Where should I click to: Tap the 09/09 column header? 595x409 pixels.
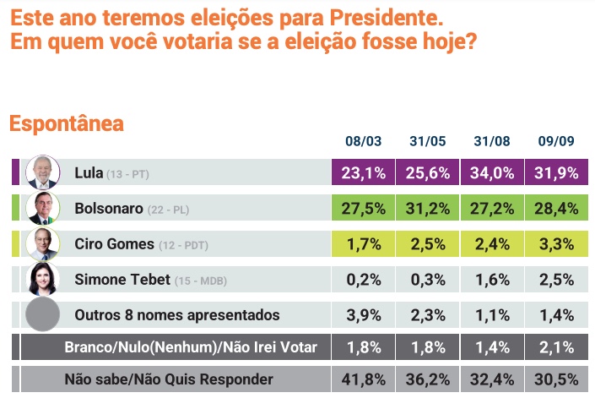[557, 141]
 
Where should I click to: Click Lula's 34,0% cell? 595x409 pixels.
[493, 172]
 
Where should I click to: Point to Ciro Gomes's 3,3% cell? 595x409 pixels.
[557, 243]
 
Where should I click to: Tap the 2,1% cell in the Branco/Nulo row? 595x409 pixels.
[557, 346]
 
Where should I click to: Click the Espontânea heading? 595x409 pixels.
[66, 123]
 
